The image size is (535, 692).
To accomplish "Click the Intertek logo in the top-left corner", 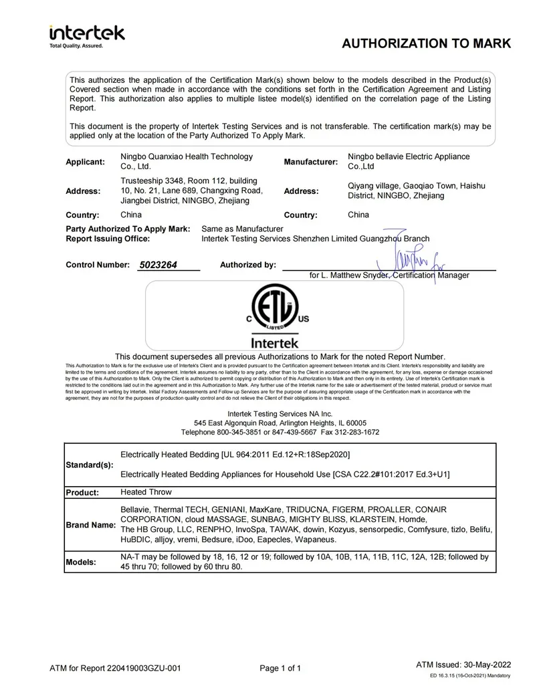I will tap(86, 36).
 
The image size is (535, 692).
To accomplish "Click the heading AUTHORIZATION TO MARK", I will tap(426, 44).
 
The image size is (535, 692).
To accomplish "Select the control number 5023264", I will tap(158, 265).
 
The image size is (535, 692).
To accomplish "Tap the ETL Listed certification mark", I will tap(274, 312).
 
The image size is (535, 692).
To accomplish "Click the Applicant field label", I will tap(86, 162).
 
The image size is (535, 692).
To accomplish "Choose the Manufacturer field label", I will tap(311, 162).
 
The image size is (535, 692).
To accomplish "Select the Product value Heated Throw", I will tap(146, 492).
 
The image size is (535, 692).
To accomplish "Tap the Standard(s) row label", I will tap(90, 465).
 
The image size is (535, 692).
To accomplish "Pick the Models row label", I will tap(81, 562).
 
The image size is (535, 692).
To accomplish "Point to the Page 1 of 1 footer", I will tap(280, 668).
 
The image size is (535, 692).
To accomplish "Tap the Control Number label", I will tap(98, 265).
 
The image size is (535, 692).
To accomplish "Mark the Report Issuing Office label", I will tap(108, 238).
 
